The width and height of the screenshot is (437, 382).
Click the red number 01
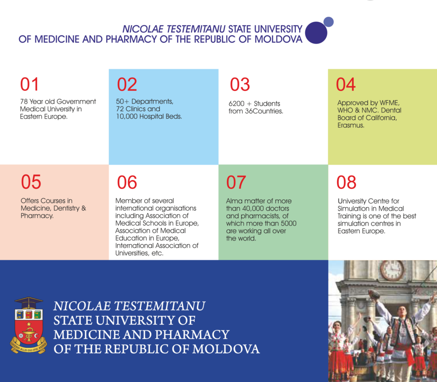pos(29,84)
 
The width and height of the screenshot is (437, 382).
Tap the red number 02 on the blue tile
pos(127,84)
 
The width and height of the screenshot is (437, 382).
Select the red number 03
pos(240,84)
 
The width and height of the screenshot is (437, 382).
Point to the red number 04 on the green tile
pos(346,84)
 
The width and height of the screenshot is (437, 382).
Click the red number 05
pos(31,182)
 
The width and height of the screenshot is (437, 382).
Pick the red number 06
pos(127,182)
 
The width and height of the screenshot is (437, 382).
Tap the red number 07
pos(236,182)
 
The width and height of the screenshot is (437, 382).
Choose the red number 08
pos(346,182)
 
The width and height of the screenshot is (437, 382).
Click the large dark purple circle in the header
pos(316,32)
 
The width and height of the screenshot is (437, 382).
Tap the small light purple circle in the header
pos(329,22)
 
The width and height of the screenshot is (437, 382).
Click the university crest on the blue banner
pos(29,325)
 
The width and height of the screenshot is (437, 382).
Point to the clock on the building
pos(393,269)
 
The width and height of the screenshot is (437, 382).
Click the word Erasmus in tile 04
pos(351,125)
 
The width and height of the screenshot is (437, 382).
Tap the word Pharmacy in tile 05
pos(37,216)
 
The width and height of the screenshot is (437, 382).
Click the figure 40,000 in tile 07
pos(252,208)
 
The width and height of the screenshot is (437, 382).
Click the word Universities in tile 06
pos(132,253)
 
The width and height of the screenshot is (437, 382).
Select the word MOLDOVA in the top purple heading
pos(278,39)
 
